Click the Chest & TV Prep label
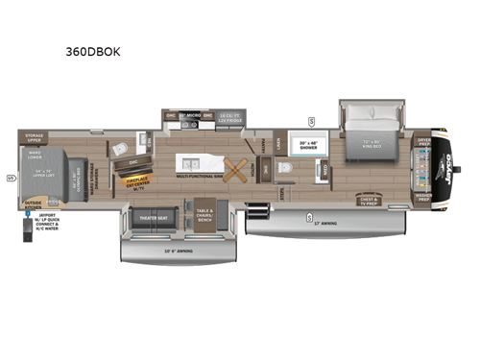(x=369, y=202)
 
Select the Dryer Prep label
(x=423, y=141)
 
